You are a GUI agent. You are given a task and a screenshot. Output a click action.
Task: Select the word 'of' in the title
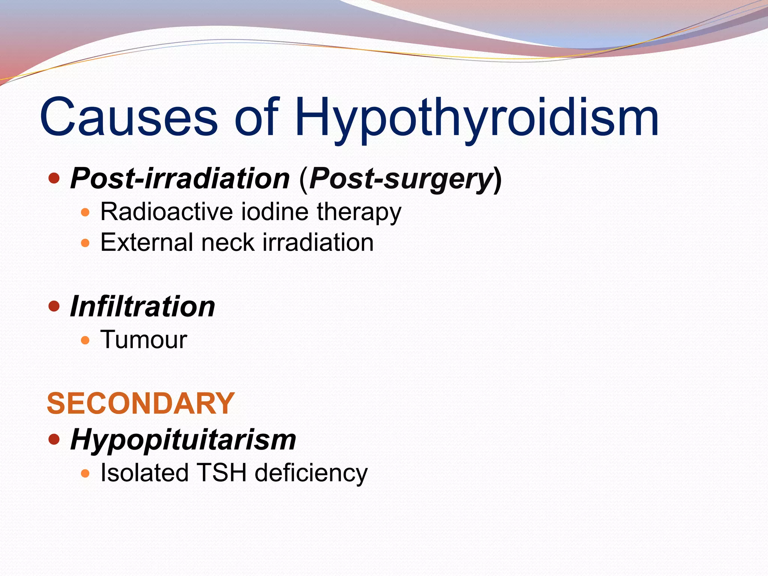[x=257, y=117]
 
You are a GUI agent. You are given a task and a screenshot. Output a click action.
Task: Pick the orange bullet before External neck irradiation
[x=85, y=243]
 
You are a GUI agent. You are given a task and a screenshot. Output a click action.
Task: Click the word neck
[x=228, y=243]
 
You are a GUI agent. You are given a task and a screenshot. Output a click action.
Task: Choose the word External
[x=147, y=243]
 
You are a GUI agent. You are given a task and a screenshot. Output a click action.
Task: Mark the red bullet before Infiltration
[x=54, y=306]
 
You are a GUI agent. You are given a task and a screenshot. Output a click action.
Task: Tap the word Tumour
[x=144, y=340]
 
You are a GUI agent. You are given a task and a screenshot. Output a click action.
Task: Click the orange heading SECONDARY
[x=141, y=403]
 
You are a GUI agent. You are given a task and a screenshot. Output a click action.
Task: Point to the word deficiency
[x=311, y=474]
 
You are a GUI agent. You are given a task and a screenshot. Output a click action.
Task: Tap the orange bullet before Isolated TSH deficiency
[x=85, y=473]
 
